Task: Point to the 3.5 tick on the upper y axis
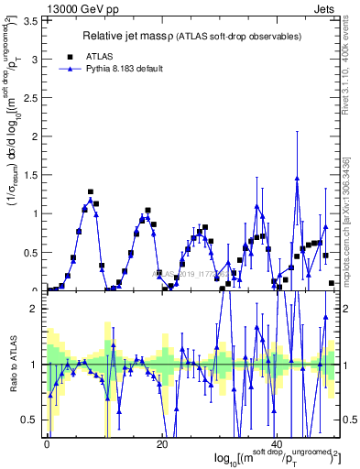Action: pos(33,21)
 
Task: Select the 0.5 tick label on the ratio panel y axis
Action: pos(33,420)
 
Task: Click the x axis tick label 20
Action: pos(161,444)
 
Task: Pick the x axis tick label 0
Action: pos(47,444)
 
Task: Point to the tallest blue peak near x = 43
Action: pos(297,178)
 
